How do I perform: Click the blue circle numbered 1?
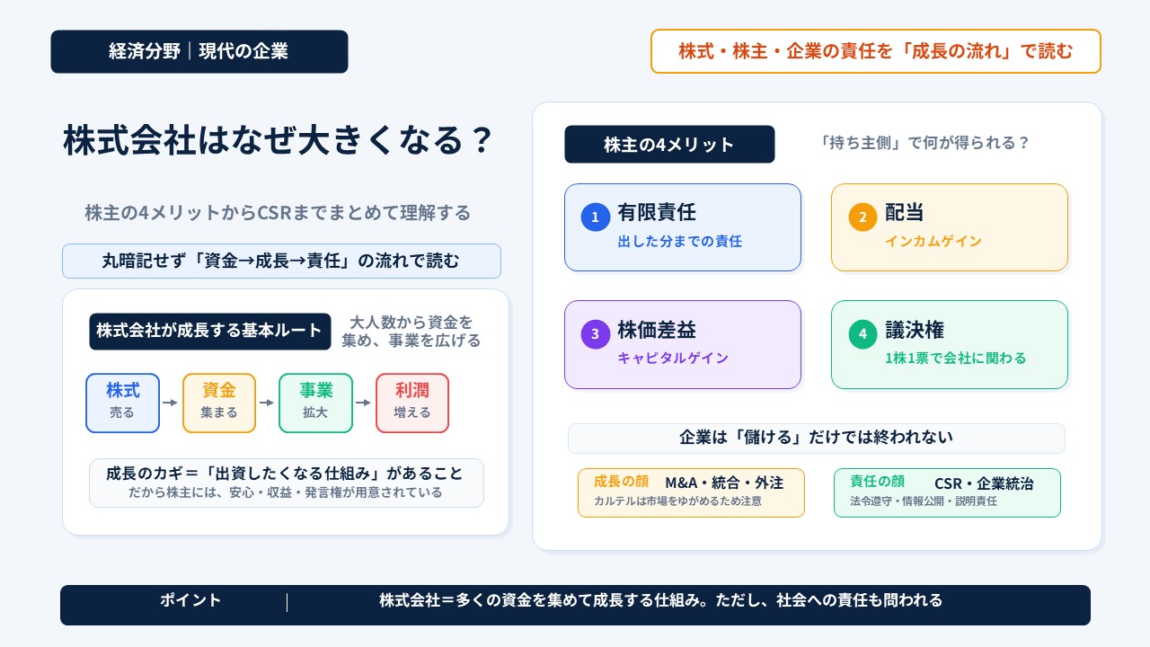595,217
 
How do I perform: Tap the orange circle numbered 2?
862,217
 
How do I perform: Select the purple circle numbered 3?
595,333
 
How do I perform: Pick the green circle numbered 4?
862,333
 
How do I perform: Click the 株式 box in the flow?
123,403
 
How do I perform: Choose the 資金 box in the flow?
219,403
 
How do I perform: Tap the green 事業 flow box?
315,403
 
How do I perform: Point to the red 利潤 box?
412,403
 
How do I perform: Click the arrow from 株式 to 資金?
170,403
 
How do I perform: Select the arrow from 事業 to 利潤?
363,403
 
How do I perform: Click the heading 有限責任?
657,213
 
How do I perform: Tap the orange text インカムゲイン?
933,241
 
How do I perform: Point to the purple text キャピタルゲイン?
673,358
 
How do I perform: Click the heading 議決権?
915,330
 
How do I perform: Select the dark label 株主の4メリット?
669,145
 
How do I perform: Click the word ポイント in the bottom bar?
190,599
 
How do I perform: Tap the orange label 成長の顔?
621,481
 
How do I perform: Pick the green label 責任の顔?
878,481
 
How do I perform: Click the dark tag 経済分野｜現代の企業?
199,51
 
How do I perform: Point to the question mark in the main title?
482,139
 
